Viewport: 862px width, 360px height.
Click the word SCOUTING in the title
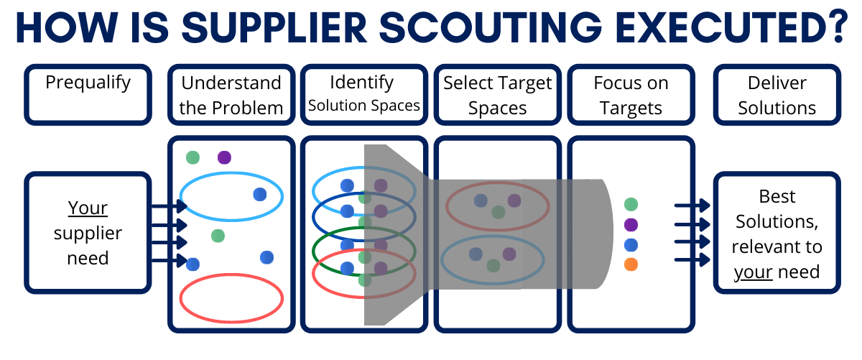click(x=491, y=27)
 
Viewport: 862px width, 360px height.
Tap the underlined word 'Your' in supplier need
click(x=88, y=208)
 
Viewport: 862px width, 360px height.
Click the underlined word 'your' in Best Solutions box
click(x=753, y=272)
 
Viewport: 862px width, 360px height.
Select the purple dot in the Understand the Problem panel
click(x=224, y=157)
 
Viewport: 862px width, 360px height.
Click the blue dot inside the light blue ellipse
click(x=260, y=195)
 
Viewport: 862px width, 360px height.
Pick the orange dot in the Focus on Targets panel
click(x=631, y=264)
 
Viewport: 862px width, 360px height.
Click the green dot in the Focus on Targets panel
click(x=631, y=204)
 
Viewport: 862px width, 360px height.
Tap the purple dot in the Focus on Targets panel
click(x=631, y=224)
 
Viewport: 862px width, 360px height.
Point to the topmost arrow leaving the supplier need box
click(x=170, y=206)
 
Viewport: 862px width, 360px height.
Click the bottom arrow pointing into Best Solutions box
click(x=692, y=260)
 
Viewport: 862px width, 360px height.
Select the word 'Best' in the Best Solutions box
click(x=777, y=197)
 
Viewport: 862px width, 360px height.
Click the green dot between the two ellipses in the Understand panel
click(x=218, y=236)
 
